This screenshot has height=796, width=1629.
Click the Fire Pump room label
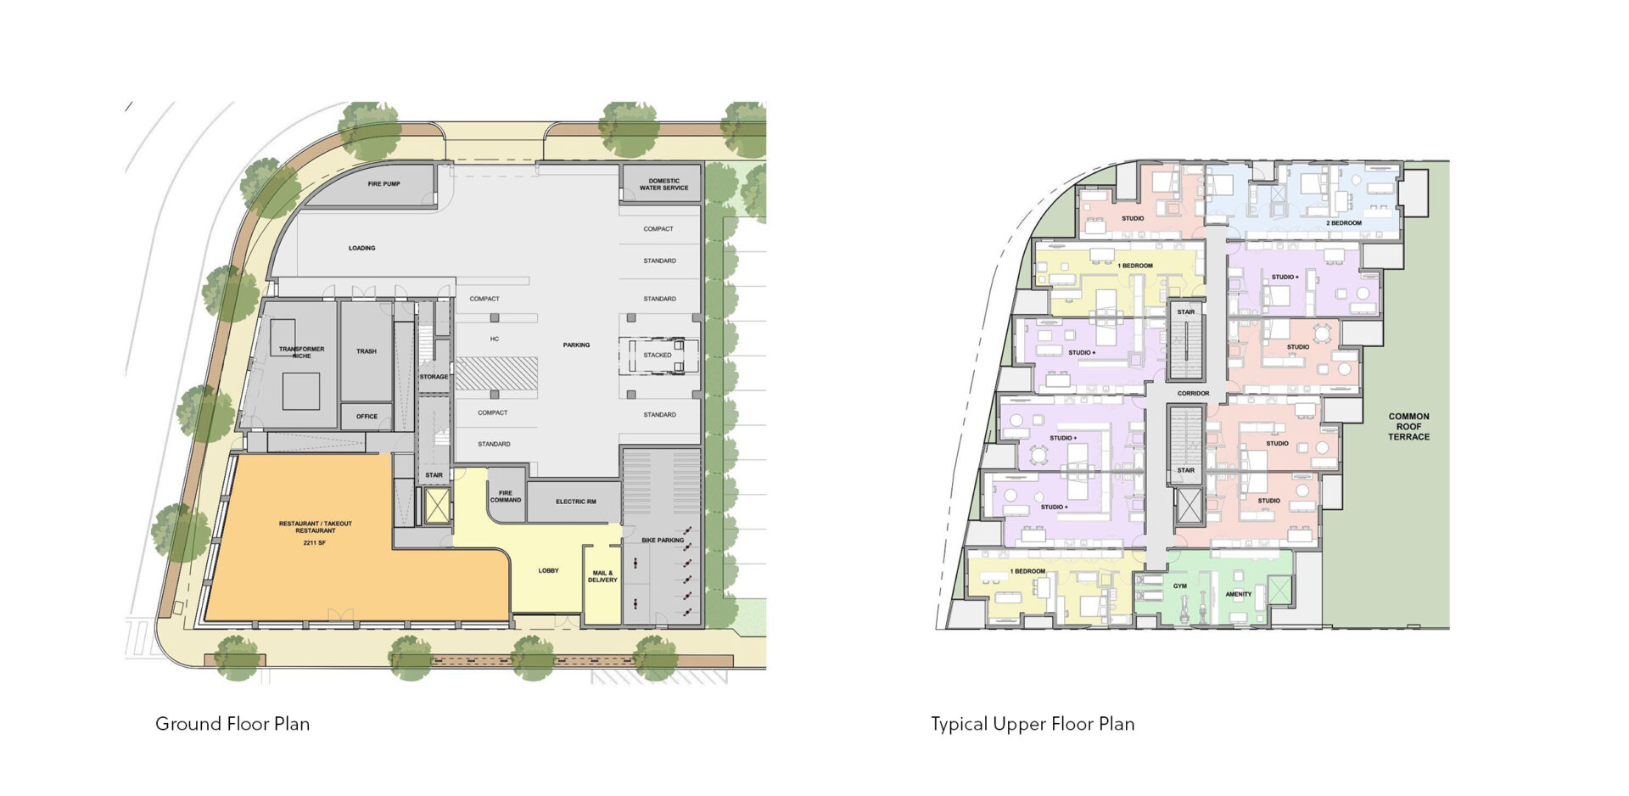(x=384, y=184)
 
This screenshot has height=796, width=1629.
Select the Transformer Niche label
(x=302, y=352)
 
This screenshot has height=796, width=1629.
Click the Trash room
(x=367, y=351)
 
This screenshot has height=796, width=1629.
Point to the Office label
(x=367, y=417)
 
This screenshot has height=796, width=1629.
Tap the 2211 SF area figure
(x=315, y=543)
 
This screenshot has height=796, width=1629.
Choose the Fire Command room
(x=507, y=496)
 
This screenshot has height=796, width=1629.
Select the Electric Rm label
(x=576, y=502)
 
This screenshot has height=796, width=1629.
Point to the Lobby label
(x=549, y=571)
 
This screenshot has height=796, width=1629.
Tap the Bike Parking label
(x=663, y=541)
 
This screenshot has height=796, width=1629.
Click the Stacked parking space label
(x=658, y=356)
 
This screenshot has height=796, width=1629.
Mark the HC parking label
(x=495, y=339)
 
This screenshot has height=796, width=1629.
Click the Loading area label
(x=362, y=249)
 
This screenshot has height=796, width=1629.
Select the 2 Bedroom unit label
(x=1344, y=223)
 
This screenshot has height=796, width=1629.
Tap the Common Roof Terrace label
(x=1409, y=427)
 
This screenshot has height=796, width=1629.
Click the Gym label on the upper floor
(x=1180, y=586)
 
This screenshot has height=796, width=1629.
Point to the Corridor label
(x=1193, y=394)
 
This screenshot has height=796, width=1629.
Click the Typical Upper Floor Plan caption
(x=1033, y=725)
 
